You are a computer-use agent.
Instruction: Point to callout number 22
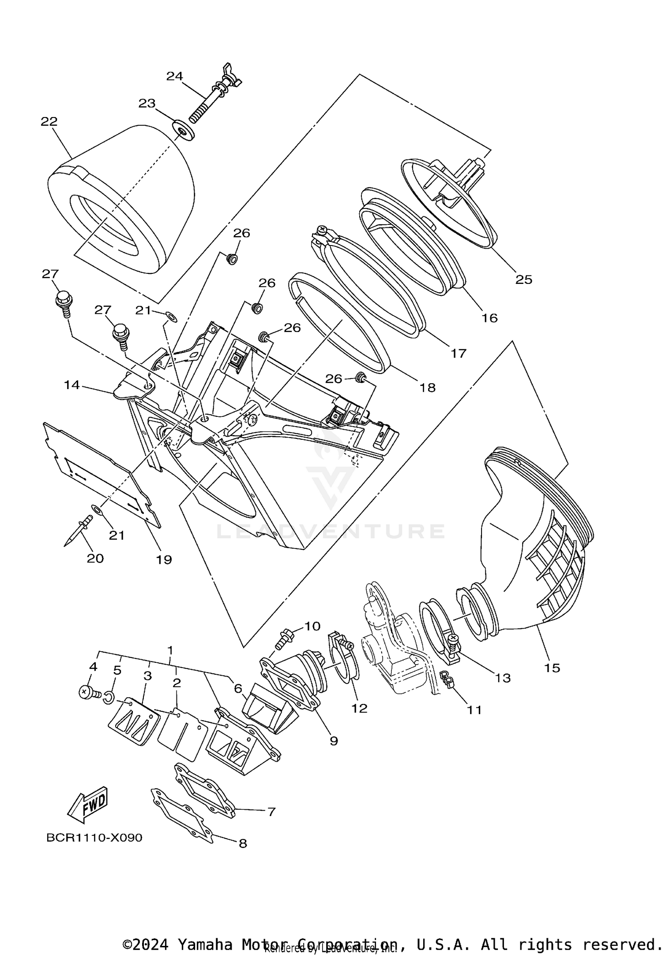[49, 121]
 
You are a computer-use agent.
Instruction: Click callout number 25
[524, 280]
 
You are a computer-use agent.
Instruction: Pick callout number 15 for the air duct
[552, 668]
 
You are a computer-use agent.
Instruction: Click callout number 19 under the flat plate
[164, 559]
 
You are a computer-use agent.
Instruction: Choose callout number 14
[71, 385]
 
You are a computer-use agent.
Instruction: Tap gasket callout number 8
[242, 843]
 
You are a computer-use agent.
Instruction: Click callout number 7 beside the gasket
[271, 812]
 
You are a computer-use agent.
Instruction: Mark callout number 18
[427, 387]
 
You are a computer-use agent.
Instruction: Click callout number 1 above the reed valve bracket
[170, 650]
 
